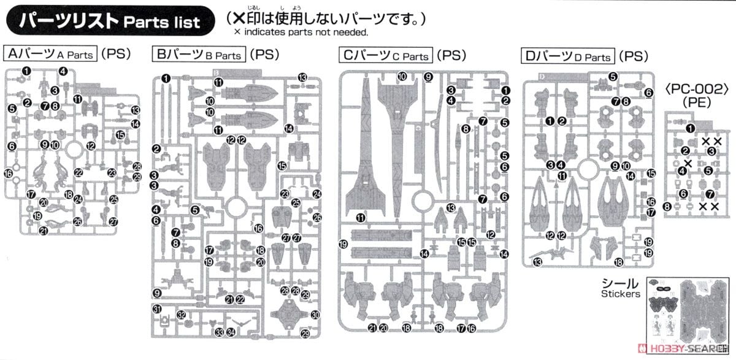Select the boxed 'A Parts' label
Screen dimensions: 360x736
coord(51,54)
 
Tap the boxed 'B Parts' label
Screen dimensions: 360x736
coord(199,55)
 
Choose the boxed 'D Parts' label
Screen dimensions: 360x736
coord(568,56)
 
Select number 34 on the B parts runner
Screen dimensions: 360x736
coord(231,332)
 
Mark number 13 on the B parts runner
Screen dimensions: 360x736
coord(302,77)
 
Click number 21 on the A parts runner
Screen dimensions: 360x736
coord(43,231)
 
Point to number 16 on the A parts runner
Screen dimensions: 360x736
coord(8,174)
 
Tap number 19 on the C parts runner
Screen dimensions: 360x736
coord(343,244)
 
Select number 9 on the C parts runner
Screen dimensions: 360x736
coord(428,77)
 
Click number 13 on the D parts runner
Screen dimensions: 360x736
coord(538,263)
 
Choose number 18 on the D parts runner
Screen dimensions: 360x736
coord(618,262)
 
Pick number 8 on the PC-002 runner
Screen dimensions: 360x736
coord(667,207)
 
